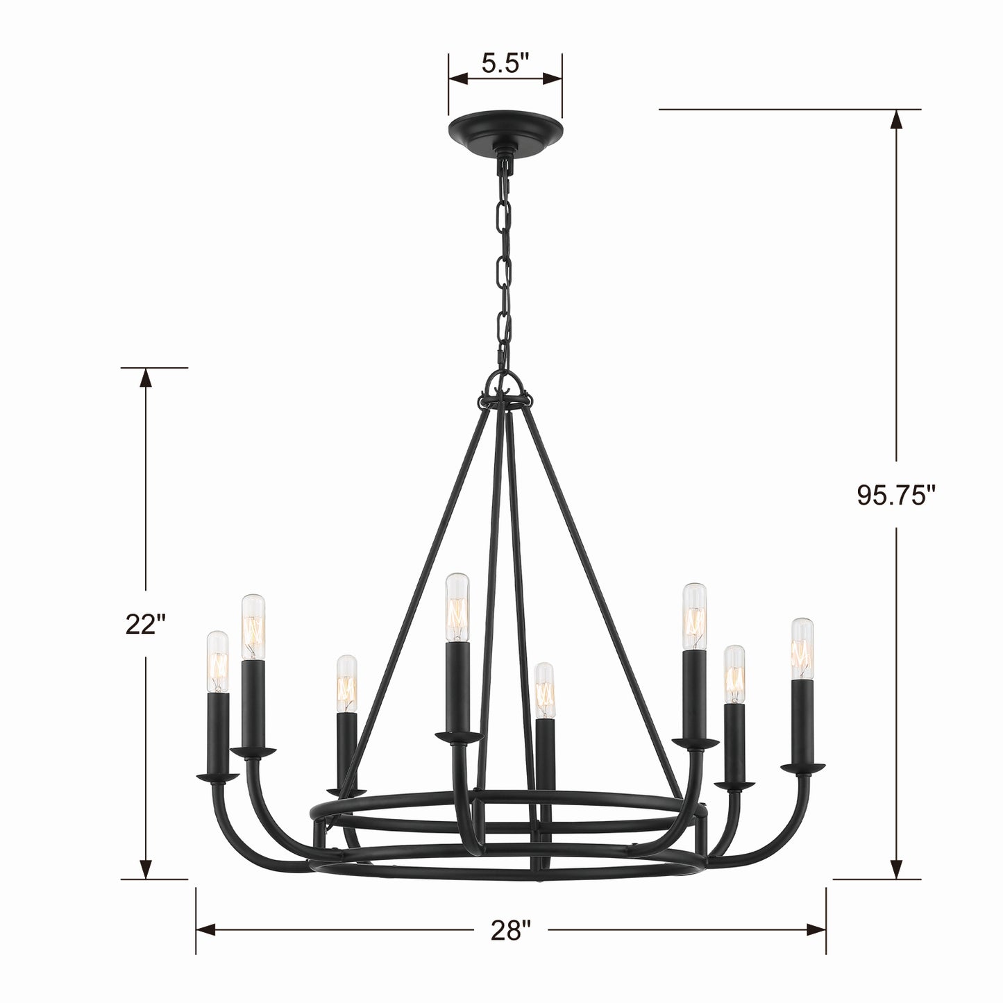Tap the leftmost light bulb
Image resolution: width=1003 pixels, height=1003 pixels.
pyautogui.click(x=217, y=661)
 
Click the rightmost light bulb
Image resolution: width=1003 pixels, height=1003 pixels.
pyautogui.click(x=802, y=648)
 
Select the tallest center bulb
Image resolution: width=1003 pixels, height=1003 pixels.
pyautogui.click(x=457, y=607)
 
